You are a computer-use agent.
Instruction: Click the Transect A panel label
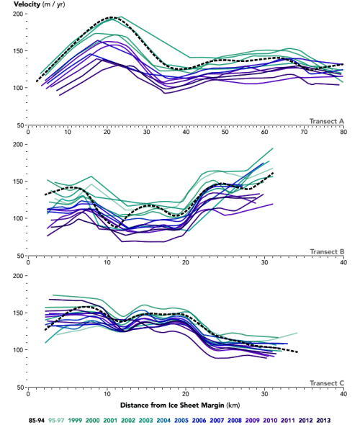326,121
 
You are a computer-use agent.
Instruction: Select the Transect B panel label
326,251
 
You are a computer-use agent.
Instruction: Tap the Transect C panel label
326,382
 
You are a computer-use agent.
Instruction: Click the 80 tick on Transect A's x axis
343,133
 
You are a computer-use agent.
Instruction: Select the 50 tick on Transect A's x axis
225,133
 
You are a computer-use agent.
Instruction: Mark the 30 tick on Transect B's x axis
265,263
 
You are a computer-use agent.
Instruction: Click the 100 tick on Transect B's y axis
17,218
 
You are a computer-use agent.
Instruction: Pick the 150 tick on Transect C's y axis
17,312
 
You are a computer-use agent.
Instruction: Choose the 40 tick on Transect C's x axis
343,394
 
